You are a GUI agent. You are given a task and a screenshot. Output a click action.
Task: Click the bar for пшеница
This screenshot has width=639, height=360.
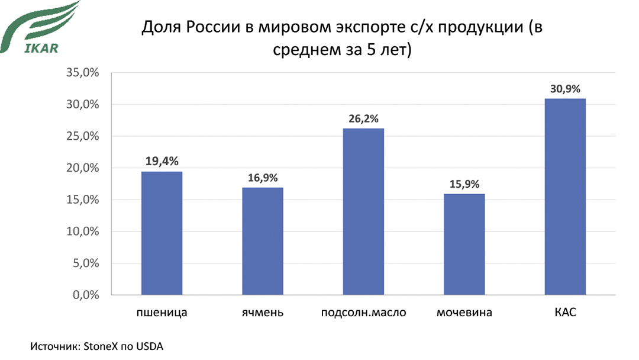point(162,233)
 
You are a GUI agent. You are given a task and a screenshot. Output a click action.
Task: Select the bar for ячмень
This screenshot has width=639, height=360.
point(263,241)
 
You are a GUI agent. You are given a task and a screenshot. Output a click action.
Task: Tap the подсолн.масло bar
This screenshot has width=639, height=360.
point(363,211)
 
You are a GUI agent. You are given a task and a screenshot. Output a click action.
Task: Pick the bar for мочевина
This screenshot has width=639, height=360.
point(464,244)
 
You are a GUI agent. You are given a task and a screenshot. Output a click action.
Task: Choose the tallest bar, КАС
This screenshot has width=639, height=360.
point(565,197)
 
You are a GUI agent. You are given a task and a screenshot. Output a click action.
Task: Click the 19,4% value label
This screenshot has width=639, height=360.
point(162,160)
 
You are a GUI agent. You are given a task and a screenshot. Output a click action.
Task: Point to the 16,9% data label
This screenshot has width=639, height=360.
point(263,176)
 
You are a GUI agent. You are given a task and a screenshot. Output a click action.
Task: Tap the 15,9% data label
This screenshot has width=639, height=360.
point(464,183)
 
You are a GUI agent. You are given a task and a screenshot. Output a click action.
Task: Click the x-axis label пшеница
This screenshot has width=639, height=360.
point(162,312)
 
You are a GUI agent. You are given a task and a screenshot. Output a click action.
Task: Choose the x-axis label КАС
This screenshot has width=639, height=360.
point(565,312)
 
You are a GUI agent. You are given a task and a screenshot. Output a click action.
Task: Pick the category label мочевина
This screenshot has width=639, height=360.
point(464,312)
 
